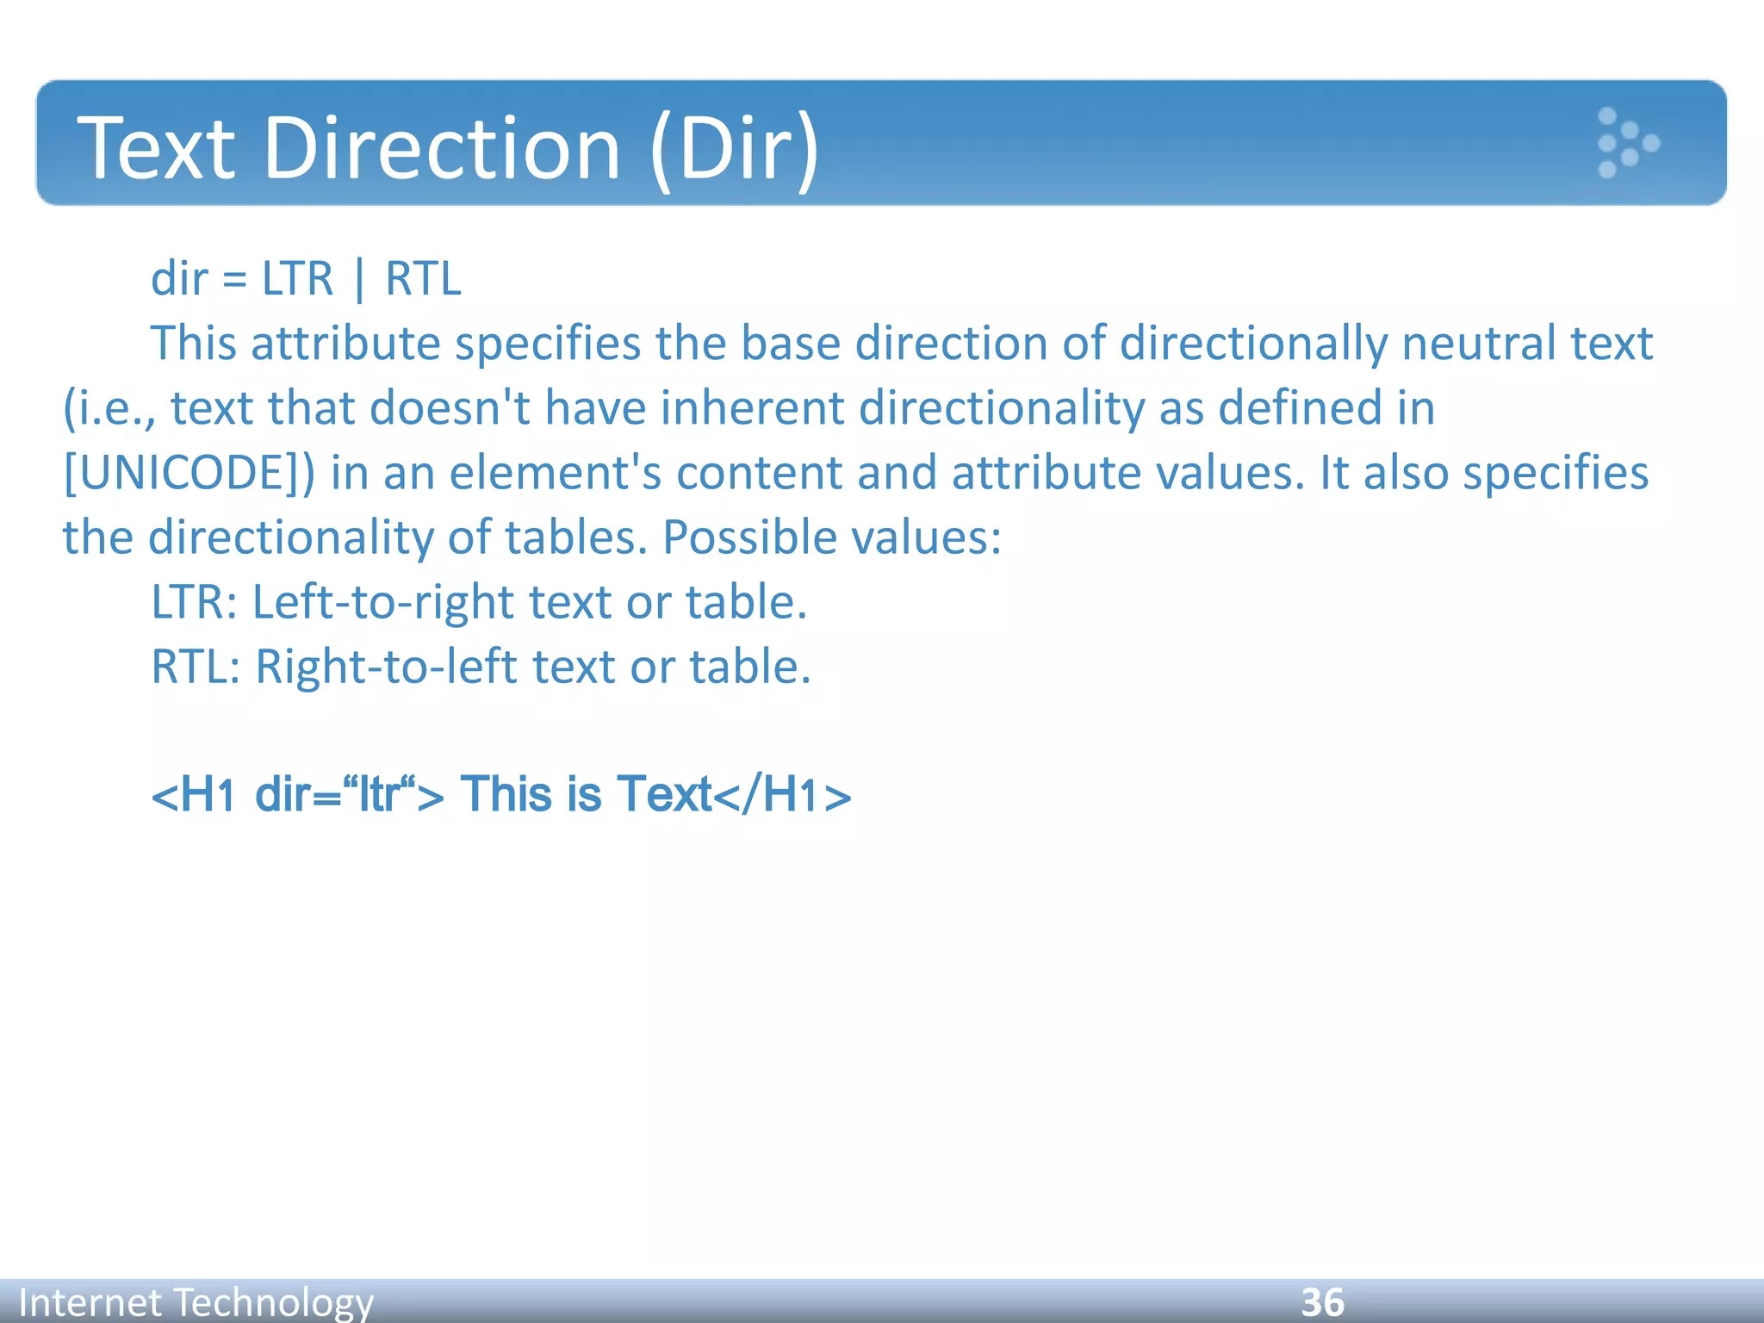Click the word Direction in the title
coord(442,148)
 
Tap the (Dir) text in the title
coord(734,148)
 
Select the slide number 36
coord(1322,1301)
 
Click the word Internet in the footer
coord(90,1301)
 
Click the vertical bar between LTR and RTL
coord(359,279)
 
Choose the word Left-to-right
coord(382,602)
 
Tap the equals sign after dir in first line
coord(234,280)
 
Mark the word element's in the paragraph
coord(555,473)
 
